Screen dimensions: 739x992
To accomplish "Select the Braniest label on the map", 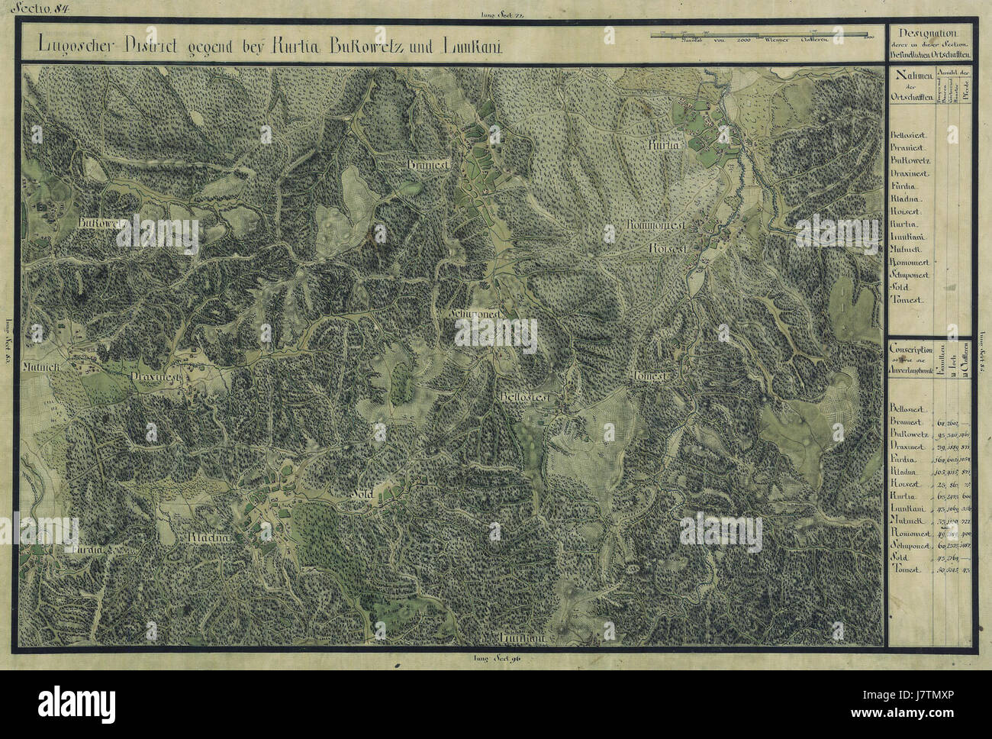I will [425, 165].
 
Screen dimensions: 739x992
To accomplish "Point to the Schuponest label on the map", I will [473, 314].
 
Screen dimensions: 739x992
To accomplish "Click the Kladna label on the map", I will [208, 537].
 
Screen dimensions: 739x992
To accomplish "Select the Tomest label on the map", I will [650, 376].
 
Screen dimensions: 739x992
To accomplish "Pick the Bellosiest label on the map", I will [527, 398].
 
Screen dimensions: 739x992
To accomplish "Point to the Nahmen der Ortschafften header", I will [912, 84].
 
